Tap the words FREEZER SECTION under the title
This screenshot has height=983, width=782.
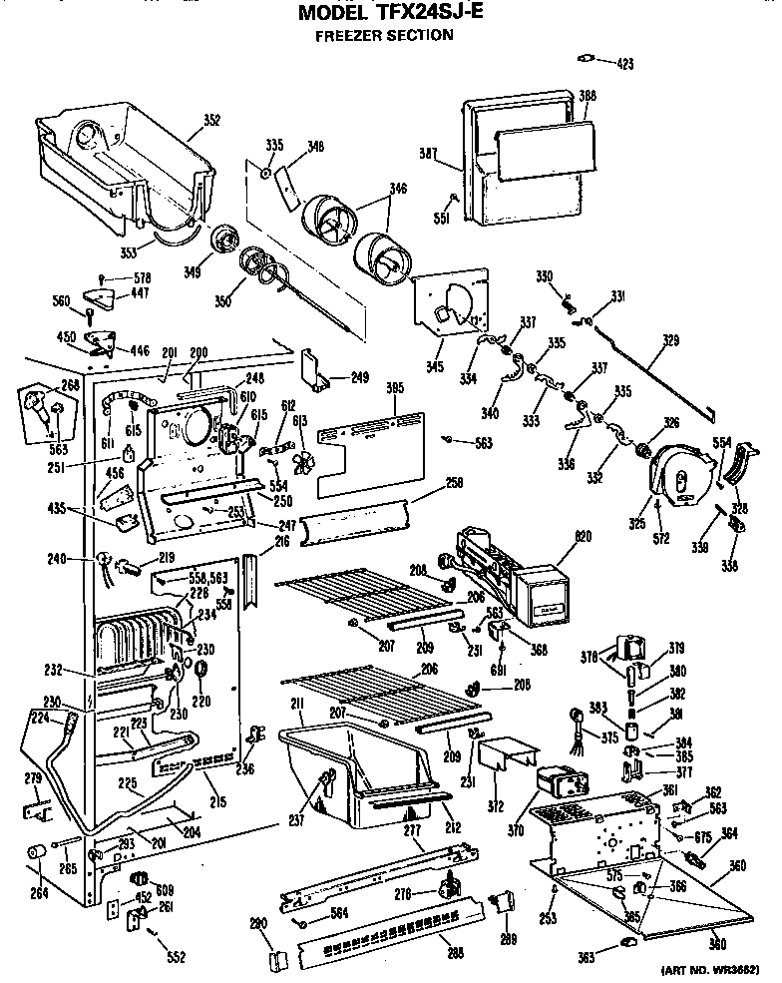point(384,36)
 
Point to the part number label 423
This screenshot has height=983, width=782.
point(624,64)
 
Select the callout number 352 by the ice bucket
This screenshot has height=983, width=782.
point(211,121)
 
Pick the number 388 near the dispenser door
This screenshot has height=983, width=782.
point(587,96)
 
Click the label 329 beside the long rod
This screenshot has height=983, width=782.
point(670,341)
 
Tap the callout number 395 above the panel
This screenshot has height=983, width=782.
point(394,387)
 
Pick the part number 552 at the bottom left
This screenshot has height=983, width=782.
point(176,958)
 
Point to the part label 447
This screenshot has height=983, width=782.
point(141,294)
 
